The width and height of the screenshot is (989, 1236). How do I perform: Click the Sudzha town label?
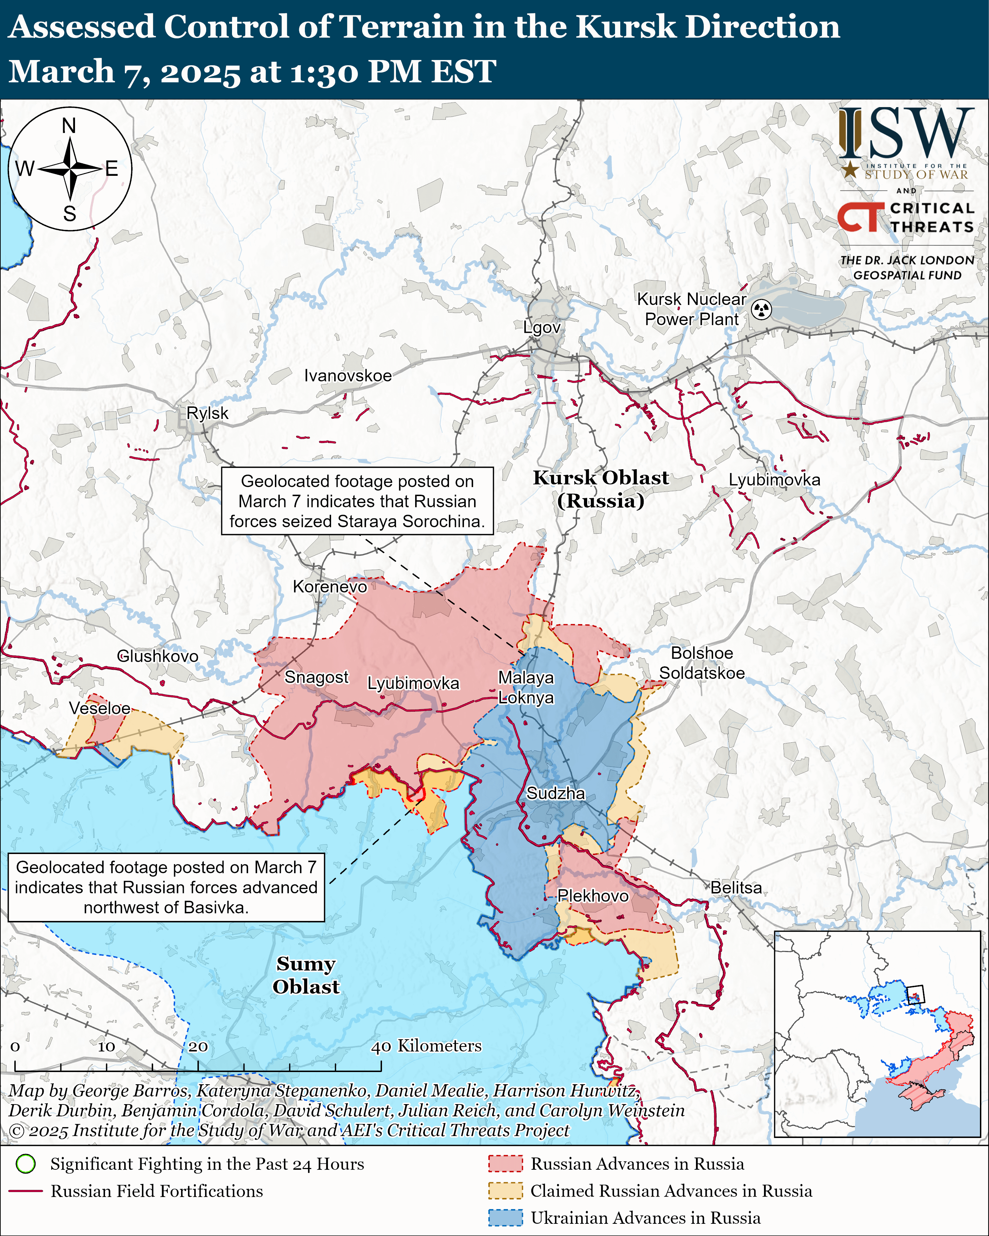pyautogui.click(x=556, y=793)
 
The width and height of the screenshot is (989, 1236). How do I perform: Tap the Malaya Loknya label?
pyautogui.click(x=526, y=687)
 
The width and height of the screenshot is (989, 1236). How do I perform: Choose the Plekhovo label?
pyautogui.click(x=593, y=896)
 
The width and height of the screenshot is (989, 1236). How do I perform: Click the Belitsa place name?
pyautogui.click(x=736, y=887)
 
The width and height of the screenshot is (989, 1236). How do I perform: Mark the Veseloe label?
pyautogui.click(x=100, y=708)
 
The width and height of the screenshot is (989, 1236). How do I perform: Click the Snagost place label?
pyautogui.click(x=316, y=677)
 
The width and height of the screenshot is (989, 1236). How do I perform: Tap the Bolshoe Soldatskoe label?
pyautogui.click(x=702, y=663)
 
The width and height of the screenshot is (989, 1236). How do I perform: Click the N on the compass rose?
pyautogui.click(x=69, y=126)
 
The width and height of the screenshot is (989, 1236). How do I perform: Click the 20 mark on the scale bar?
pyautogui.click(x=198, y=1046)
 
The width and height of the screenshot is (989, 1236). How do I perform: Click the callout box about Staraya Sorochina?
pyautogui.click(x=357, y=501)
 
